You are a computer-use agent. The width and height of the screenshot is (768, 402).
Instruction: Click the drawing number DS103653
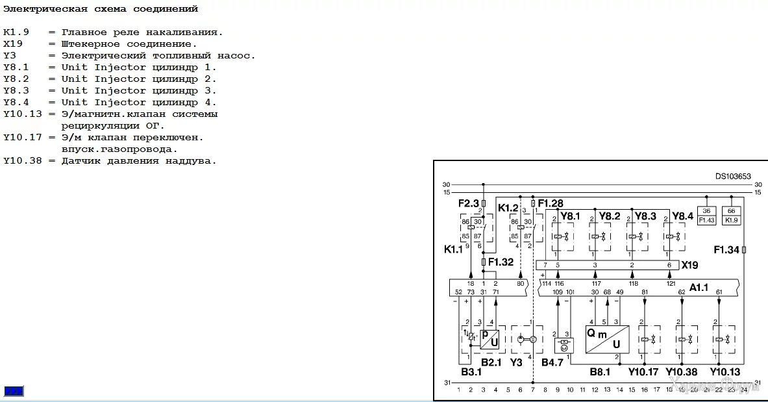[x=733, y=176]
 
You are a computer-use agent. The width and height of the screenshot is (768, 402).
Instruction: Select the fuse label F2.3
[x=468, y=203]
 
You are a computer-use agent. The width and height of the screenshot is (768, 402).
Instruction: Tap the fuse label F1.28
[x=551, y=203]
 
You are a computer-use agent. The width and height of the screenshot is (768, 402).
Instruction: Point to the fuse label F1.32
[x=501, y=262]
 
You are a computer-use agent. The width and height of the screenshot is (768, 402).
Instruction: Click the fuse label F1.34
[x=726, y=249]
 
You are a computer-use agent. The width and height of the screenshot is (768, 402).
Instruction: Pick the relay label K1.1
[x=454, y=249]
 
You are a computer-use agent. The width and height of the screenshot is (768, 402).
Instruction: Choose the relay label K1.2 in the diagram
[x=508, y=208]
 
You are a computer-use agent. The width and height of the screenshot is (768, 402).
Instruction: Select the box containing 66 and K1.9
[x=732, y=216]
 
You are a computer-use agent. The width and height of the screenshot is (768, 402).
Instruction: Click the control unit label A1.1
[x=699, y=286]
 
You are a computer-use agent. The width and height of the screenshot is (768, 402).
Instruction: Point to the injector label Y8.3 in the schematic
[x=645, y=216]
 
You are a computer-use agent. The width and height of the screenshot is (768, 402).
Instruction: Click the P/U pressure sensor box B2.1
[x=489, y=338]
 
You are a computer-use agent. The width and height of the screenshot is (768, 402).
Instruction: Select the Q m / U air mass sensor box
[x=607, y=338]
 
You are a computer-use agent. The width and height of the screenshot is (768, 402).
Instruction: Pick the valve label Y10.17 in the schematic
[x=643, y=372]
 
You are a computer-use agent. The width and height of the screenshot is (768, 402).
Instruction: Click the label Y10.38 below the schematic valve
[x=682, y=372]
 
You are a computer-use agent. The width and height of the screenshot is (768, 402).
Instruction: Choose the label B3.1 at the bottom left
[x=471, y=372]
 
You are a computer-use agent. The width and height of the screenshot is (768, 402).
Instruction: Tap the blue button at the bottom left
[x=14, y=391]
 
